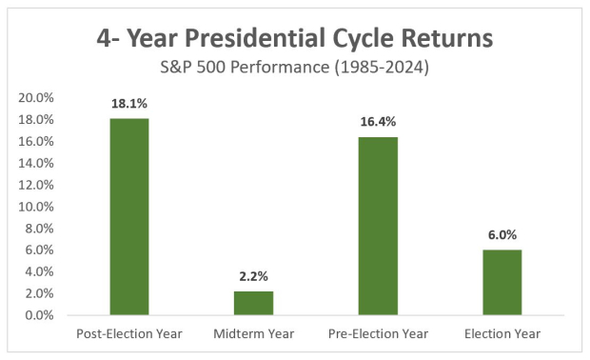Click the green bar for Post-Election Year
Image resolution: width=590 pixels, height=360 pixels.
129,216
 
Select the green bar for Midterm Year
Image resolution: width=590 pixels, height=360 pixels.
253,303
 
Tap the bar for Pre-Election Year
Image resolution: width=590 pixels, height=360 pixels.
378,226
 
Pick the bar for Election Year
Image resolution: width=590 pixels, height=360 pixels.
501,282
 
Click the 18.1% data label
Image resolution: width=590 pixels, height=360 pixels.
129,105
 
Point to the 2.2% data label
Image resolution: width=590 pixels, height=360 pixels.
253,277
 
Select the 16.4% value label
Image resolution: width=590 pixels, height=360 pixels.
378,123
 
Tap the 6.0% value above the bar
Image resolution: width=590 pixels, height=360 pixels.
501,235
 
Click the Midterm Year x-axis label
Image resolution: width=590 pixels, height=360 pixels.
253,333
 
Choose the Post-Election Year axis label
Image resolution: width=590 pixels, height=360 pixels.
129,333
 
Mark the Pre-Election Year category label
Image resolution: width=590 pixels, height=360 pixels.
378,333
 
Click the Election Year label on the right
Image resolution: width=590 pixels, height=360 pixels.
501,333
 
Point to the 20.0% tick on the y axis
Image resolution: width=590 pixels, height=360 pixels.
38,97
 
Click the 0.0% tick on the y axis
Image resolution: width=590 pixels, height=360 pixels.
41,315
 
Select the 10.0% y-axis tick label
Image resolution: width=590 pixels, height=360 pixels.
38,207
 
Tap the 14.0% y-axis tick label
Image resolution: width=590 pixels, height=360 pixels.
38,163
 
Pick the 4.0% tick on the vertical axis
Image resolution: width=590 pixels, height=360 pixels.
41,271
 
